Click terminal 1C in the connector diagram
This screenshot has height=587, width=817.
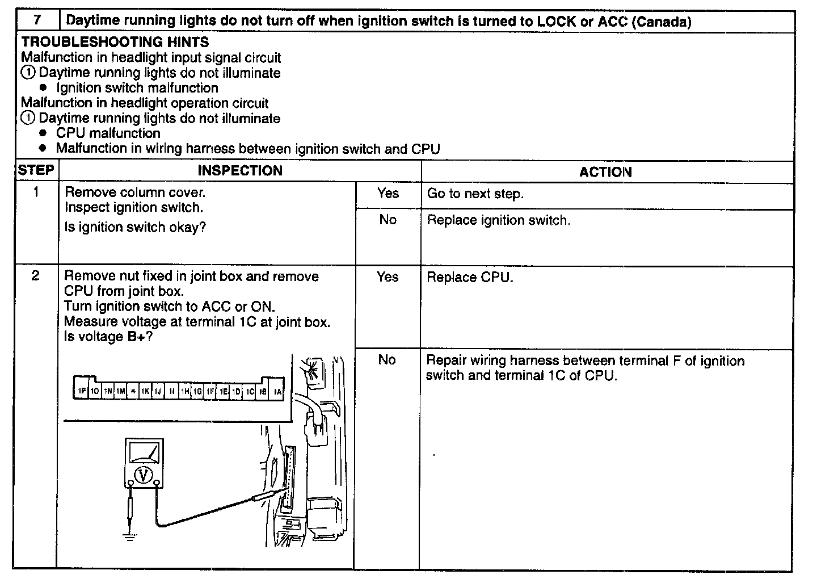click(x=250, y=392)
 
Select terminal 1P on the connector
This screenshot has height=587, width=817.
click(x=82, y=392)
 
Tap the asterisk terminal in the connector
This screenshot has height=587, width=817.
click(x=133, y=392)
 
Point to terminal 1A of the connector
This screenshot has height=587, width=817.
click(x=277, y=392)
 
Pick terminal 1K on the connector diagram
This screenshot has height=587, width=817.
click(x=145, y=392)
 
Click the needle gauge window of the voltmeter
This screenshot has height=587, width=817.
click(x=144, y=452)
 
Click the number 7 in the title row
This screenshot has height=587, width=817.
click(x=37, y=20)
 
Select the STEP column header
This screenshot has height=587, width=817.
click(x=36, y=170)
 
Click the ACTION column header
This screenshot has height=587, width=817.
click(x=605, y=172)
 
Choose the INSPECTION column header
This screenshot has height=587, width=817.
click(x=240, y=171)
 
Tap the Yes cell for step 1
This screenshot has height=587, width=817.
click(x=388, y=194)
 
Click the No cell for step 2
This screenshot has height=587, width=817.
click(x=387, y=360)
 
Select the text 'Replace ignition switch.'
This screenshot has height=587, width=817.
click(x=498, y=220)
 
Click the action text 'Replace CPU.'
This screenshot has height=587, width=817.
click(x=470, y=278)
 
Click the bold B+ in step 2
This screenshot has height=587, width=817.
click(x=140, y=337)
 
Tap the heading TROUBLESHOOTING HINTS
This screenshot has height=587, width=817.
click(x=115, y=42)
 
